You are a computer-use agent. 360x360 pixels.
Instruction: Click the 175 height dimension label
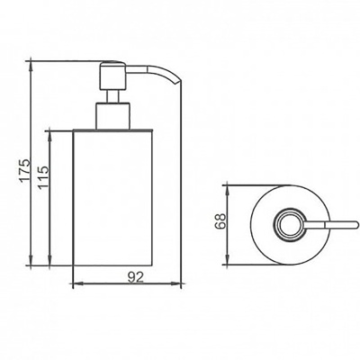point(26,170)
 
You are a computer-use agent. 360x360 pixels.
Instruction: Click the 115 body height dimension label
point(43,177)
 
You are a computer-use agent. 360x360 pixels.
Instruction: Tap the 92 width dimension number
point(136,276)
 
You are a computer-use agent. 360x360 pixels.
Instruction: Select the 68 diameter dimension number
point(220,221)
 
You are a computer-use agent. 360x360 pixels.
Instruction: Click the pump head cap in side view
point(112,76)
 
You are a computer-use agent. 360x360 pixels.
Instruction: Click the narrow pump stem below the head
point(112,96)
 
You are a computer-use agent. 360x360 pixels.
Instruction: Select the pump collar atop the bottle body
point(112,116)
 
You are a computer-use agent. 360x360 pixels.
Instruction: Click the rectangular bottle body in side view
point(112,198)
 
